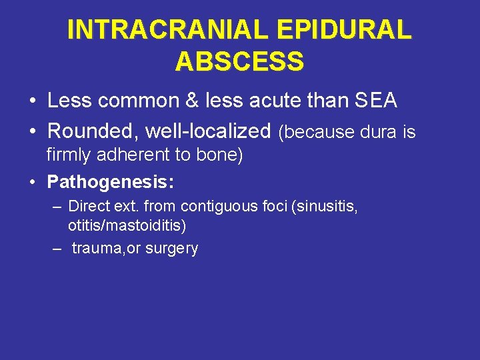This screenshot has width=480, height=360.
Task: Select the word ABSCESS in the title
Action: (x=239, y=61)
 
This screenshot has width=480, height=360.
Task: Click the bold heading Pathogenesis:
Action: (x=111, y=181)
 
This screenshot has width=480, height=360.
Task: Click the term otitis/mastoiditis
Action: (x=127, y=225)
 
